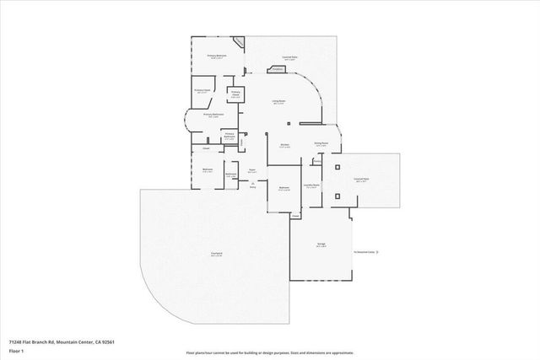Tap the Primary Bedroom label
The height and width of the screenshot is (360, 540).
218,56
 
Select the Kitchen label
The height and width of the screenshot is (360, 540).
285,144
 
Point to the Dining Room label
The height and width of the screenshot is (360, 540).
321,143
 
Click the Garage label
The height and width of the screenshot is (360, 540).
321,244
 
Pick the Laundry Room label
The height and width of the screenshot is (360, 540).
311,185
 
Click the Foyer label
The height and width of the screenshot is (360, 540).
251,169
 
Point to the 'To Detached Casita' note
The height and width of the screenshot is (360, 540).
364,251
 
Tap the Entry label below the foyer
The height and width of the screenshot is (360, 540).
252,187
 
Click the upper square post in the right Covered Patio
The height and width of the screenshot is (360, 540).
338,167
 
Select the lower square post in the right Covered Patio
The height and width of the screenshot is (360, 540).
338,196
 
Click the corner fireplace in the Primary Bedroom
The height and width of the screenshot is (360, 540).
240,42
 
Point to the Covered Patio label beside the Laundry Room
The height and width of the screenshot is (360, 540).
360,179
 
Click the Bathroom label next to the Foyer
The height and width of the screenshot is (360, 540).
230,175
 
